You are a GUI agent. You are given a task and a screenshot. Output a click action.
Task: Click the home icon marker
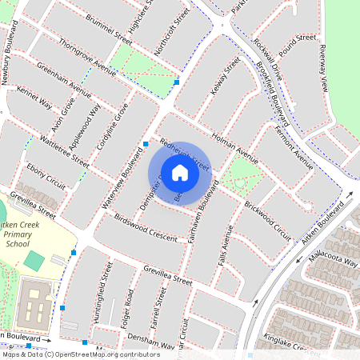click(180, 173)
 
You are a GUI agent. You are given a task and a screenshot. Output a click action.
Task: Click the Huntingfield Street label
click(98, 297)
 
